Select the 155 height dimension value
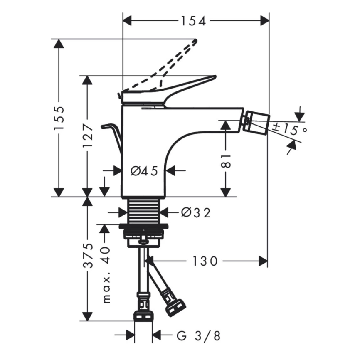(60, 118)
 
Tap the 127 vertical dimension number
(87, 136)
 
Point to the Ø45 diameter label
(144, 170)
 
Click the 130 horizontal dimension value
(205, 261)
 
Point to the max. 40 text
(106, 274)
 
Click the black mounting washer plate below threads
(143, 227)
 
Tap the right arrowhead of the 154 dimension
(264, 20)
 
